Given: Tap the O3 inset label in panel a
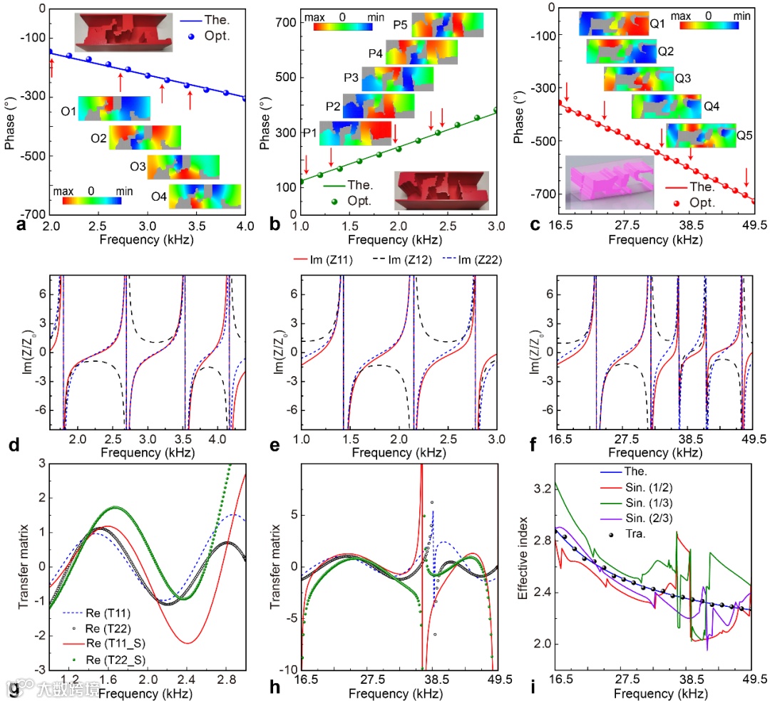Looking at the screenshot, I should click(138, 166).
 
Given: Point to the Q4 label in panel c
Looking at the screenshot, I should click(712, 106).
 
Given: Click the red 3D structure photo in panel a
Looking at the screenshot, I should click(123, 32).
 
